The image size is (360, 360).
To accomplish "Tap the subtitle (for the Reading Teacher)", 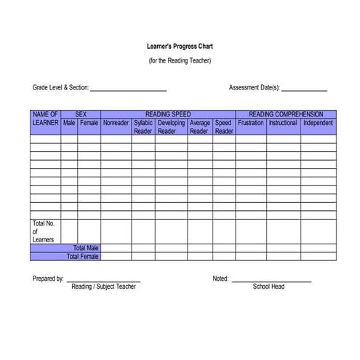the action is tap(180, 60).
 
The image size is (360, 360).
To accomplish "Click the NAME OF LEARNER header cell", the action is tap(45, 119).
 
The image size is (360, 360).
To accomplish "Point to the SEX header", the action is tap(81, 114).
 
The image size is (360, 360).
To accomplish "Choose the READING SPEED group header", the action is tap(167, 114).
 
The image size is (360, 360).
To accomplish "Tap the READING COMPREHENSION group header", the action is tap(285, 114).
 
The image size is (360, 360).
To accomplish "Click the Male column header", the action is tap(69, 123).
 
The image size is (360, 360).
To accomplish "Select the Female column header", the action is tap(89, 123).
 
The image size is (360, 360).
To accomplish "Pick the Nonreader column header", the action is tap(116, 123).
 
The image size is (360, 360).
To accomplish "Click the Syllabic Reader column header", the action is tap(143, 127).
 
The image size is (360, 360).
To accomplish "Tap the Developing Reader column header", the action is tap(171, 127).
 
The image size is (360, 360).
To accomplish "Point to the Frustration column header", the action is tap(251, 123).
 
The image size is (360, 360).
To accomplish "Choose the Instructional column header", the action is tap(283, 123).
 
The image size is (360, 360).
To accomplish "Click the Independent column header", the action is tap(318, 123).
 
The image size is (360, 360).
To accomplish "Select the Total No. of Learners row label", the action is tap(44, 231).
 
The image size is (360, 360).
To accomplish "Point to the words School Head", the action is tap(268, 287).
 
